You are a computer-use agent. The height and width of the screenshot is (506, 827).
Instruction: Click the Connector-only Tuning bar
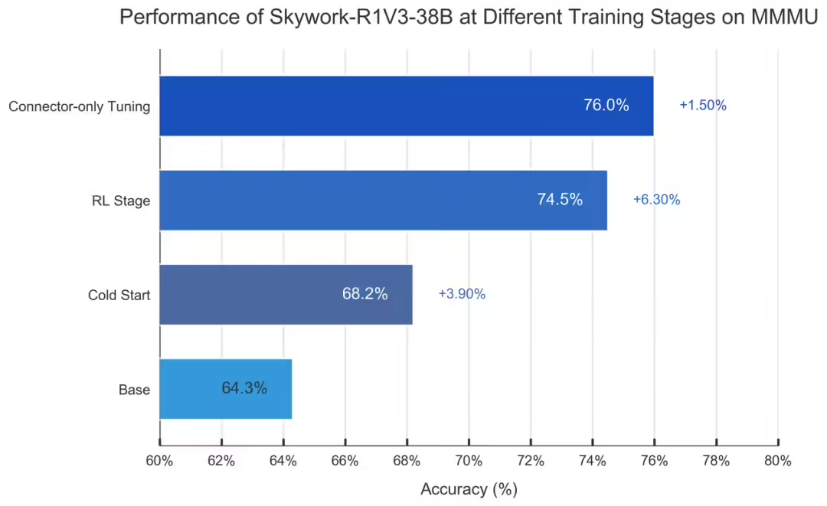[406, 106]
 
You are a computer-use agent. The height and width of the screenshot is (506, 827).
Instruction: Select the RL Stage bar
[383, 200]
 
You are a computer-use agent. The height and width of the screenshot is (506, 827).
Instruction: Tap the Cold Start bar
[286, 294]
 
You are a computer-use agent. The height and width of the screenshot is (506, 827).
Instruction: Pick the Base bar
[225, 388]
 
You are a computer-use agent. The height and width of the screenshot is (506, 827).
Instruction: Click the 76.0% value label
[606, 106]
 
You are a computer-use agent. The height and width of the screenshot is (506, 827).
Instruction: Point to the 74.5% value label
[560, 200]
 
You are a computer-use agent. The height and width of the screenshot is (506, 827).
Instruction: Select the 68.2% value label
[364, 294]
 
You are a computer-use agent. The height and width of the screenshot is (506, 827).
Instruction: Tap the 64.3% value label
[244, 388]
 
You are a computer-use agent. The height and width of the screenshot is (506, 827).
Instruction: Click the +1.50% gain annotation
[702, 106]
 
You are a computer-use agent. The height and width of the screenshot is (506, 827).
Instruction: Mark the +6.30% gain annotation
[656, 200]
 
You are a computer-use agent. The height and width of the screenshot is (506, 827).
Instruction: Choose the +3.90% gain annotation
[462, 294]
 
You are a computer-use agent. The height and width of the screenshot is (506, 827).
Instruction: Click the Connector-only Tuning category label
[79, 106]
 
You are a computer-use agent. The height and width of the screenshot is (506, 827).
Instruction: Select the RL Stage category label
[119, 201]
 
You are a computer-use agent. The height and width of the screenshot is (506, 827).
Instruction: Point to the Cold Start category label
[119, 295]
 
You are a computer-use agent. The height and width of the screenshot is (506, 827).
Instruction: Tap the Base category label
[134, 390]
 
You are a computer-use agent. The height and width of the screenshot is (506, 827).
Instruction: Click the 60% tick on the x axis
[159, 461]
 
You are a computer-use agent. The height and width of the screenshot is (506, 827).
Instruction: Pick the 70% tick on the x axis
[469, 461]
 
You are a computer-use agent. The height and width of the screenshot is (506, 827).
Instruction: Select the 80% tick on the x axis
[777, 461]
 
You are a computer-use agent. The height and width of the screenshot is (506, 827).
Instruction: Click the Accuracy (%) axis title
[469, 488]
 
